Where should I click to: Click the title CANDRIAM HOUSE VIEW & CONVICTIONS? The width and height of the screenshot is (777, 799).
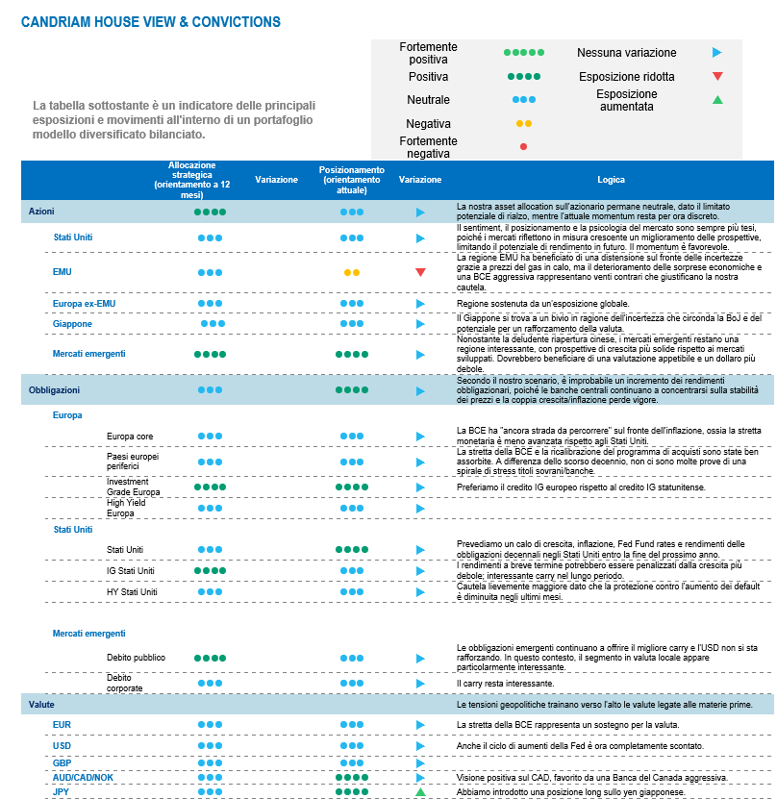(151, 21)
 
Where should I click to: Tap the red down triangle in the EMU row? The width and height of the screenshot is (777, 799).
(420, 272)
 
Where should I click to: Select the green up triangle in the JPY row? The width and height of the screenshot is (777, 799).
(420, 791)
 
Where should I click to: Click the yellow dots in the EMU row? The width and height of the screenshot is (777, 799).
(351, 272)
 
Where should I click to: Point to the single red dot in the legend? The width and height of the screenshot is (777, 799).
(523, 146)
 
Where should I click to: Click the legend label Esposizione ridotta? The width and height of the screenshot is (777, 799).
(626, 76)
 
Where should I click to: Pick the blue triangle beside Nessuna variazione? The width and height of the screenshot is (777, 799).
(716, 53)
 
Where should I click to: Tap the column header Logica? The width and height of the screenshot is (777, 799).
(611, 180)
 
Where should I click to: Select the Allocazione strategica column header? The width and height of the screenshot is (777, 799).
(199, 179)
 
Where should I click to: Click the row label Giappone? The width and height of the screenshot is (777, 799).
(72, 324)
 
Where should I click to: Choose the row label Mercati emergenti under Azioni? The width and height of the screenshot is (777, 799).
(88, 354)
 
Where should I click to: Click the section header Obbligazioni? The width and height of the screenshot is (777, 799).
(54, 390)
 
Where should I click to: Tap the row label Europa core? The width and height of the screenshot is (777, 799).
(130, 436)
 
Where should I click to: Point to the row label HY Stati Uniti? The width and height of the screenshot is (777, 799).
(131, 591)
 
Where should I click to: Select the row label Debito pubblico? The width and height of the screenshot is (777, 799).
(136, 658)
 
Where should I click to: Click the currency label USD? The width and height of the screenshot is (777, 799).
(63, 745)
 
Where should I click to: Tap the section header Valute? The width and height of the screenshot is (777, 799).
(40, 706)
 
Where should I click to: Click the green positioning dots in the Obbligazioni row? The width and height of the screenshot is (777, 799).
(351, 390)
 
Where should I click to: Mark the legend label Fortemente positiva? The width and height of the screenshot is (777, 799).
(428, 53)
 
